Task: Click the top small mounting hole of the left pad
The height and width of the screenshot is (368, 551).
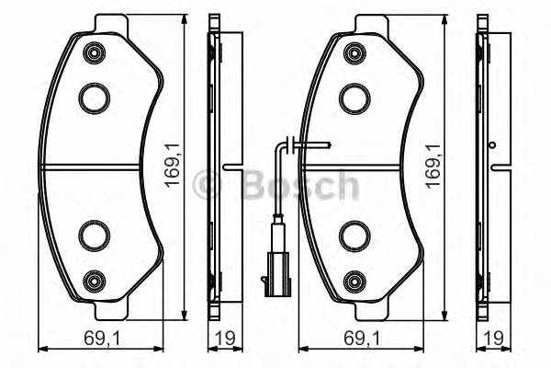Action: tap(94, 52)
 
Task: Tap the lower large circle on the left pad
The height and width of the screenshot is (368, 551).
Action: tap(94, 235)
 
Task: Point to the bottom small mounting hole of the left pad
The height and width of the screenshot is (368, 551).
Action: tap(94, 279)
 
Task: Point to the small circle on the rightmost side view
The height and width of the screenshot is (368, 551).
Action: tap(492, 145)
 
